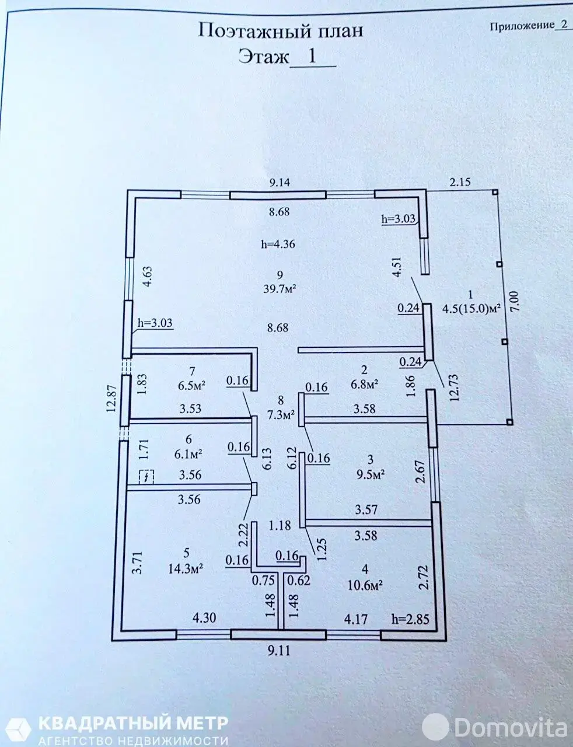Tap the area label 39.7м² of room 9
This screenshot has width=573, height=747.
279,289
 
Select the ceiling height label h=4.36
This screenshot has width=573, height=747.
278,245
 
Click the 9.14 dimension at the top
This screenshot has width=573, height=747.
280,182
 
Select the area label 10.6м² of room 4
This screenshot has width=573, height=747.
366,585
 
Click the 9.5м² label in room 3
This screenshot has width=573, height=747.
370,474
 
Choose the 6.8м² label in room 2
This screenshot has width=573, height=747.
365,383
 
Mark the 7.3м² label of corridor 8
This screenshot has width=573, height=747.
281,415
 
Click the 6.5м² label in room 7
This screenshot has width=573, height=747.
191,385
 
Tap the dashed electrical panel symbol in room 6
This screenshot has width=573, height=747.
146,477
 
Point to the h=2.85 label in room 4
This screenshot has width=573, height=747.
410,619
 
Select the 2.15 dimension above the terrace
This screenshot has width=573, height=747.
460,181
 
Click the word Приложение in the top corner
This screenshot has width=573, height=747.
522,26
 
